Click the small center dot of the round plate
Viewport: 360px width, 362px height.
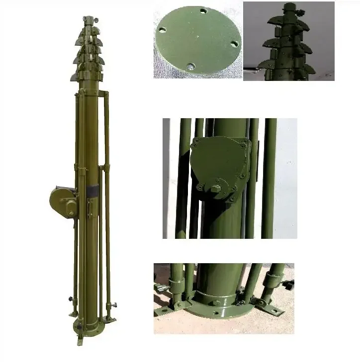click(x=197, y=36)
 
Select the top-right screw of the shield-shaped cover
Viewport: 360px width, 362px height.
click(x=242, y=145)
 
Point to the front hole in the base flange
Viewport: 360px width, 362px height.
click(x=217, y=313)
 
